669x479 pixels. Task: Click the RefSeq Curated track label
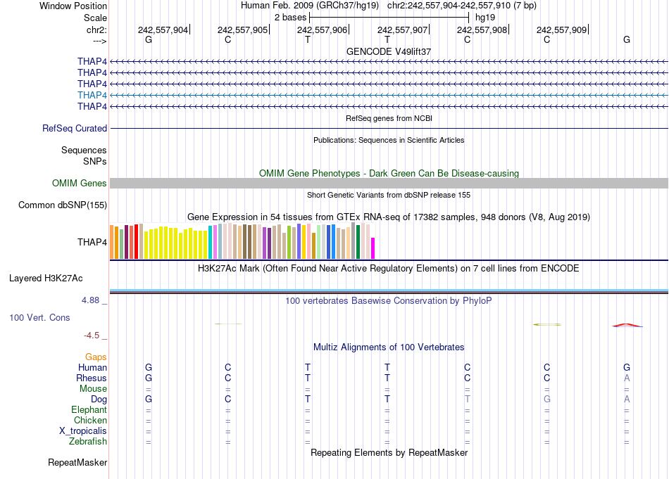pos(75,129)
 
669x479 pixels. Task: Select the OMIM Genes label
pos(80,184)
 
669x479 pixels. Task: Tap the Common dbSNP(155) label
pos(63,205)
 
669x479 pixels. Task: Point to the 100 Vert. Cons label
pos(39,318)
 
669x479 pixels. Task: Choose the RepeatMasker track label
pos(77,463)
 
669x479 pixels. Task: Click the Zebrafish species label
pos(89,442)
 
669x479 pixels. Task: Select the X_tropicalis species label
pos(83,431)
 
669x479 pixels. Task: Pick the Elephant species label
pos(89,410)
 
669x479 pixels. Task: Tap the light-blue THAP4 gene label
pos(92,95)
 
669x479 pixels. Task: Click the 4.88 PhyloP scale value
pos(94,300)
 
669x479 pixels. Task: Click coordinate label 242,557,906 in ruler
pos(322,30)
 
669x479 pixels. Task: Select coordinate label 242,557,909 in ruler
pos(561,30)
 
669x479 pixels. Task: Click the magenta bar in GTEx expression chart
pos(373,248)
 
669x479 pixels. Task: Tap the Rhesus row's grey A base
pos(627,378)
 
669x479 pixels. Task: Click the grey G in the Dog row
pos(546,400)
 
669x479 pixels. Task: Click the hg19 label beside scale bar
pos(485,17)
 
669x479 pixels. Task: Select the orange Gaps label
pos(96,357)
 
